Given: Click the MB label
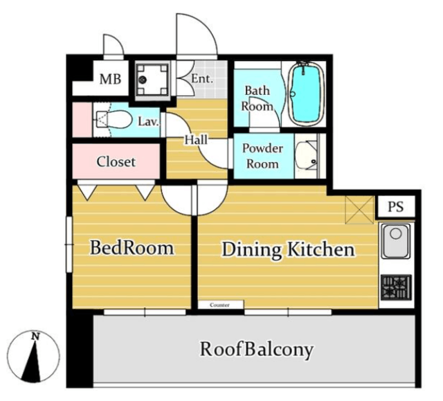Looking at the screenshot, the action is point(110,79).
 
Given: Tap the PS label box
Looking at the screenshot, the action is point(395,206).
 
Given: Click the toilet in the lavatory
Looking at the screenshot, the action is point(114,120).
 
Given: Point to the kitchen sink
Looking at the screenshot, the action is point(395,241).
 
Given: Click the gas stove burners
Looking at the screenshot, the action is point(396,287).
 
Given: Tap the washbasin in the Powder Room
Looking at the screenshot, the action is point(307,156).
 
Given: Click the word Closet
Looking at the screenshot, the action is point(116,162).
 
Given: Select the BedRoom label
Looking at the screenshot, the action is point(132,248).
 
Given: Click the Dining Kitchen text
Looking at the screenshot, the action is point(288,250).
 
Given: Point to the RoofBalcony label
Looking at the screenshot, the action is point(257,349).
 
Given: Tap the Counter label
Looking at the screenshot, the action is point(219,305).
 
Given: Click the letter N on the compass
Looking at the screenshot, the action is point(35,337).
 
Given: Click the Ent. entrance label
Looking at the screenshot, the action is point(201,79).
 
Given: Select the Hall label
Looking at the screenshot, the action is point(196,140).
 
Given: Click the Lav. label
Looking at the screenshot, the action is point(148,122).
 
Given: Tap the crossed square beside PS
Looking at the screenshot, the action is point(360,210).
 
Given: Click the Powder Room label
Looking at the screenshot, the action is point(262,157).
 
